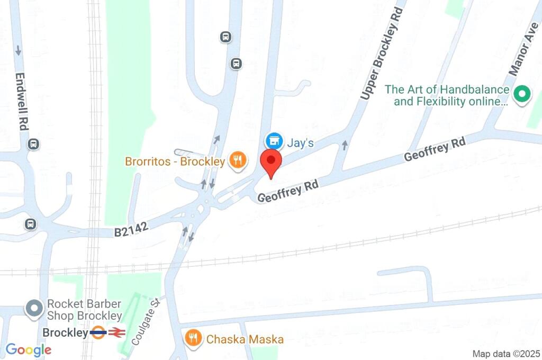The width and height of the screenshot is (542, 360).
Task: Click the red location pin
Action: pos(272,161)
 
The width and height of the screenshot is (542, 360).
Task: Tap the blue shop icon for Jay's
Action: pos(273,141)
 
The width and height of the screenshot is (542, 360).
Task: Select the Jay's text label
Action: pos(301,142)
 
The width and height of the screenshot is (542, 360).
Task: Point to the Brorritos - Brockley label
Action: pos(175,161)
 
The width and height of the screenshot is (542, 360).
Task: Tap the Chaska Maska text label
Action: pos(245,339)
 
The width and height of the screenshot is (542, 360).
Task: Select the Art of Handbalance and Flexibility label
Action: pos(451,96)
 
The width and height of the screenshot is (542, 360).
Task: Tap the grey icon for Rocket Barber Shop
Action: pos(35,309)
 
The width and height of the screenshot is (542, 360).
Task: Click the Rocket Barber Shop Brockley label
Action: pos(85,310)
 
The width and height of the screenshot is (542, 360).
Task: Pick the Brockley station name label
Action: pos(65,333)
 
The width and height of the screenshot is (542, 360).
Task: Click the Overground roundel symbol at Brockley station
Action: pos(98,333)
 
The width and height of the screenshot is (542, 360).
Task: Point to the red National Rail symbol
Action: pos(116,333)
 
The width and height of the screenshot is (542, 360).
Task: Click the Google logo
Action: pos(29,349)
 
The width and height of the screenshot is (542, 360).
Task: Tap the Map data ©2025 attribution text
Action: pos(505,353)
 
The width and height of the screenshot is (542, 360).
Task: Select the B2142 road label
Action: pos(131,229)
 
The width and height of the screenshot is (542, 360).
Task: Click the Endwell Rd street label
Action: pos(23,101)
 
